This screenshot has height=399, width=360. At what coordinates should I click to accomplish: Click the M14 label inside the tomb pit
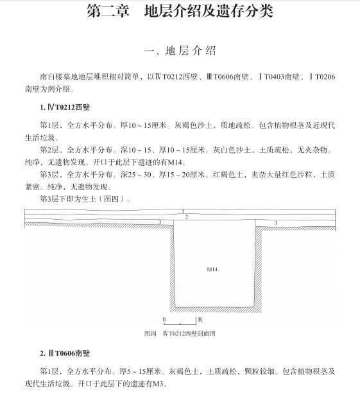click(x=212, y=269)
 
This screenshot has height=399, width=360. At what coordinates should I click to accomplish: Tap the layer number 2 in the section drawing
click(x=187, y=217)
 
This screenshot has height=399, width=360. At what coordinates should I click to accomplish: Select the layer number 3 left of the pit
click(x=160, y=222)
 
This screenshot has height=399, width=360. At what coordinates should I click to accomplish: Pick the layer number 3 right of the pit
click(x=276, y=223)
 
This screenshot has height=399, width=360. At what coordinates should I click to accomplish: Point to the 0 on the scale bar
click(x=164, y=319)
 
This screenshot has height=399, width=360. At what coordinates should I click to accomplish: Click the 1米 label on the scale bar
click(x=199, y=319)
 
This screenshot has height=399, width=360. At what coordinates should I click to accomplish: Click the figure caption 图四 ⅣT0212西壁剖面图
click(x=180, y=333)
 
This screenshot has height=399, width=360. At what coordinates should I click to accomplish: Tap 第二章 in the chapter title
click(x=108, y=11)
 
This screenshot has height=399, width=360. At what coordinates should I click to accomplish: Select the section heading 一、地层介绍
click(x=180, y=51)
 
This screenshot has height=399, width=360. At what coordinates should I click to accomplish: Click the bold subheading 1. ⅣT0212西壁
click(x=65, y=107)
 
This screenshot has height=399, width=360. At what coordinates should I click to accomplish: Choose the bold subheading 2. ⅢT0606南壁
click(x=65, y=353)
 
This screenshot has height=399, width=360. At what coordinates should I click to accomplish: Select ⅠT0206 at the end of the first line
click(x=322, y=76)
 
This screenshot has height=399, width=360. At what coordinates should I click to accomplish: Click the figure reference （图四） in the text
click(x=112, y=199)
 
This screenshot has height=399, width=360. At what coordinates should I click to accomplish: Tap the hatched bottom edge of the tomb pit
click(x=216, y=310)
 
